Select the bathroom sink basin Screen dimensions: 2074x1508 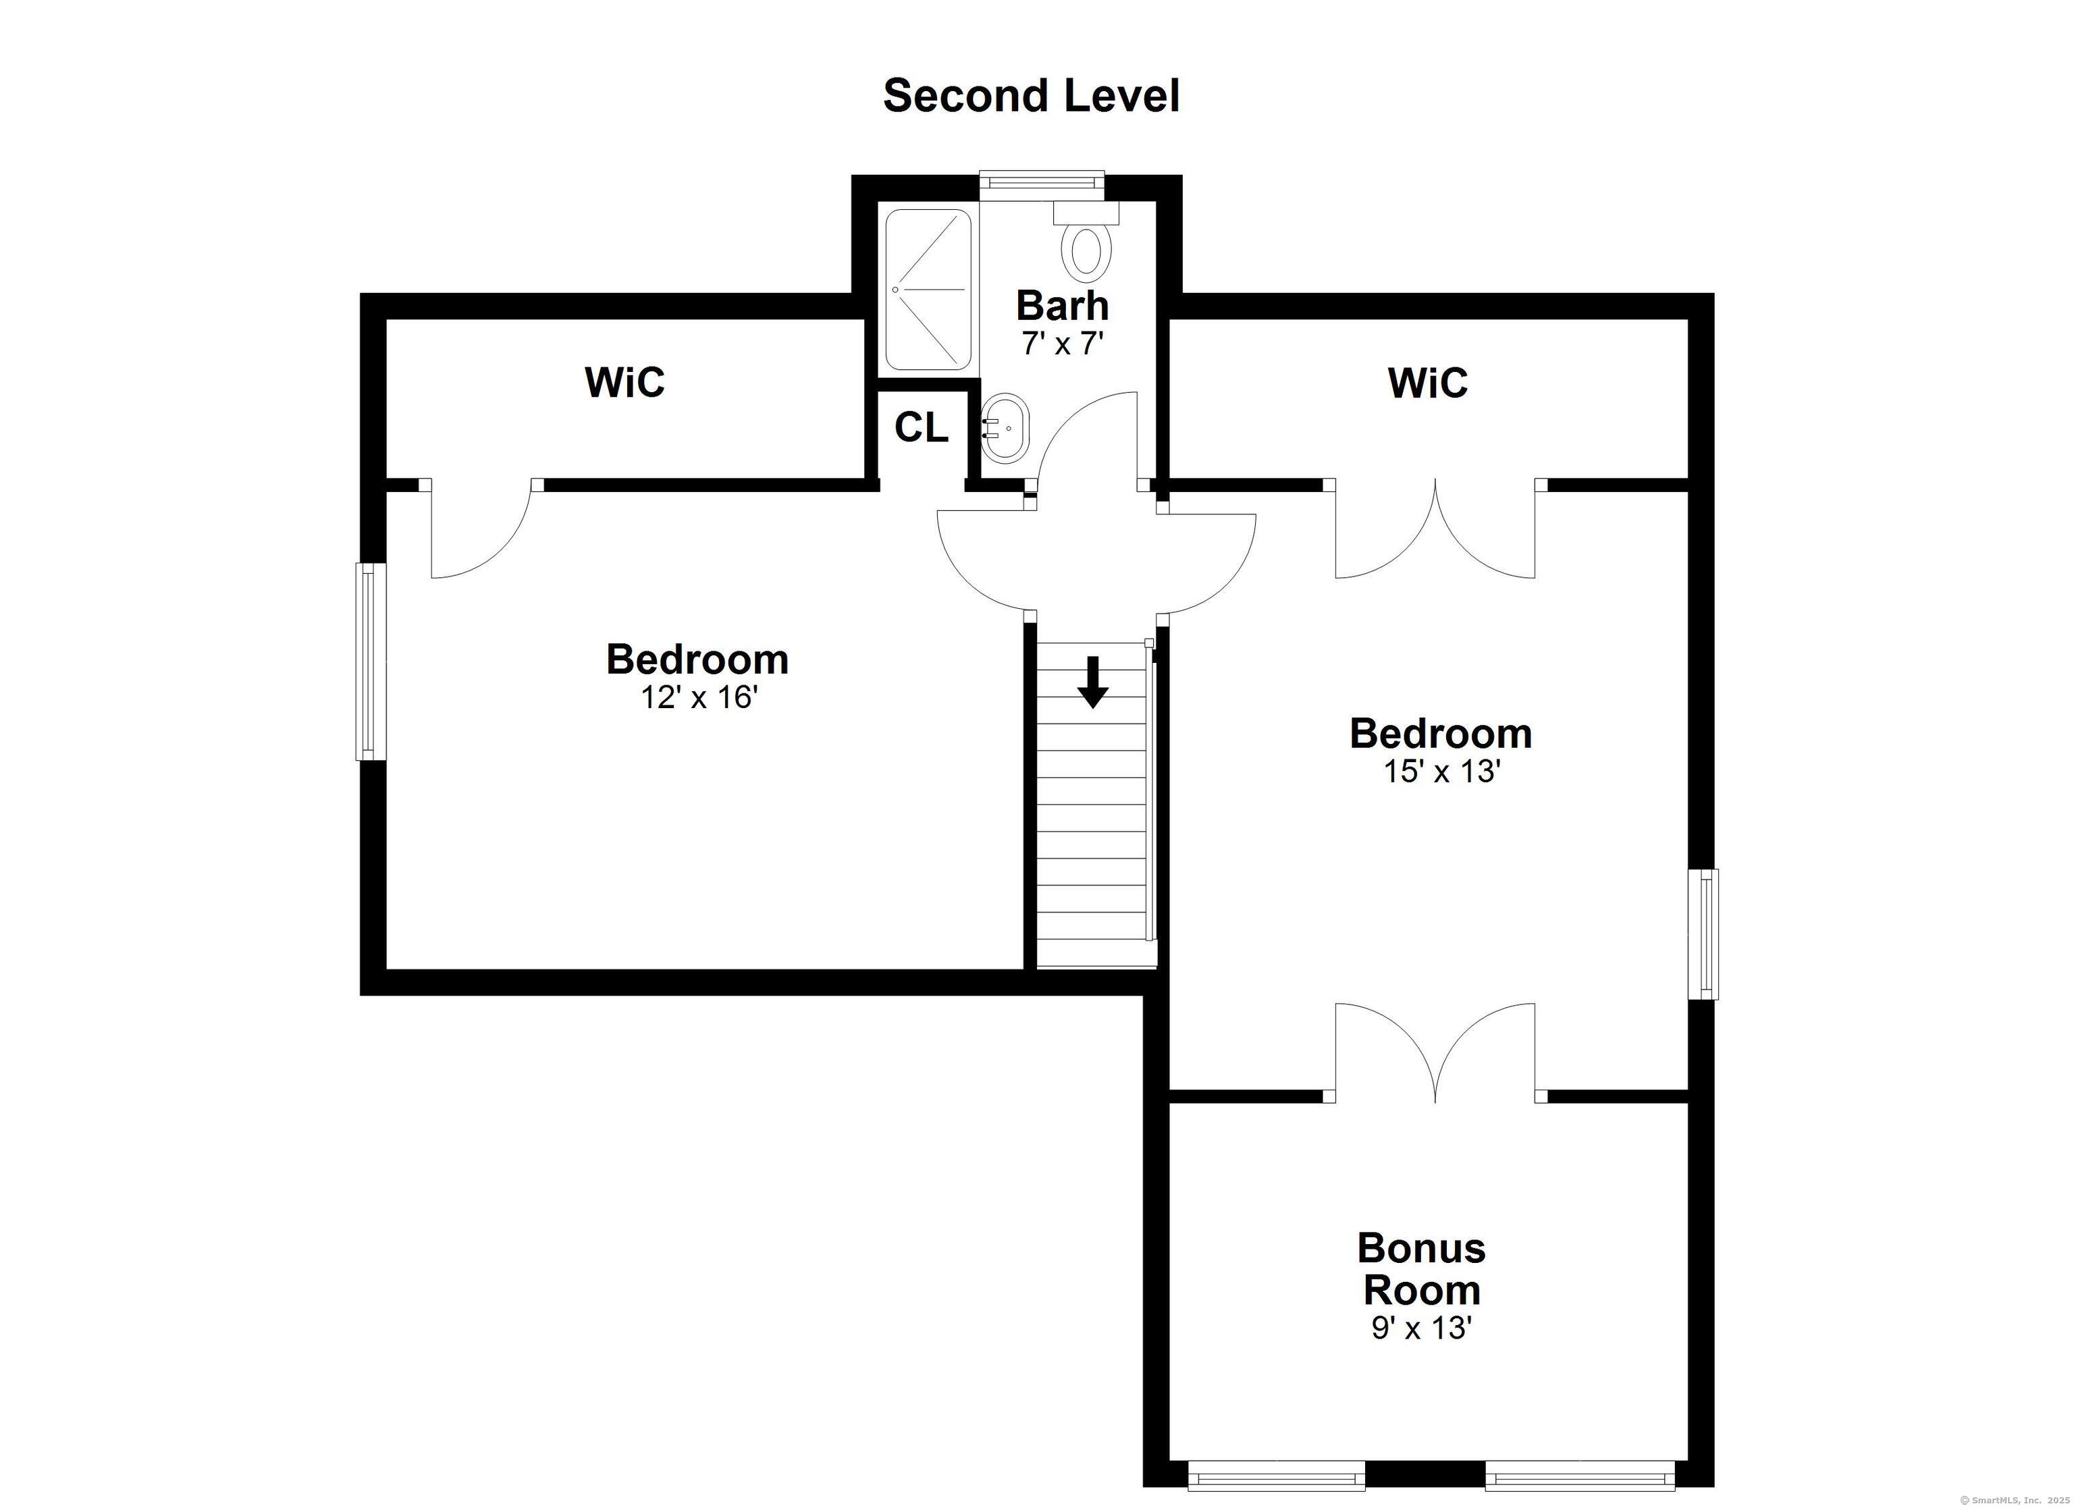1005,428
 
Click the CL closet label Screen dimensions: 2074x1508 921,427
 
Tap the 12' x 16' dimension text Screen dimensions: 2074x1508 699,698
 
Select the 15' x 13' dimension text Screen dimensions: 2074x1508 1441,772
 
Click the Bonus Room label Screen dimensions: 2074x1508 1421,1269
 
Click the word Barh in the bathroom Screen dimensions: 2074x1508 1063,305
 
